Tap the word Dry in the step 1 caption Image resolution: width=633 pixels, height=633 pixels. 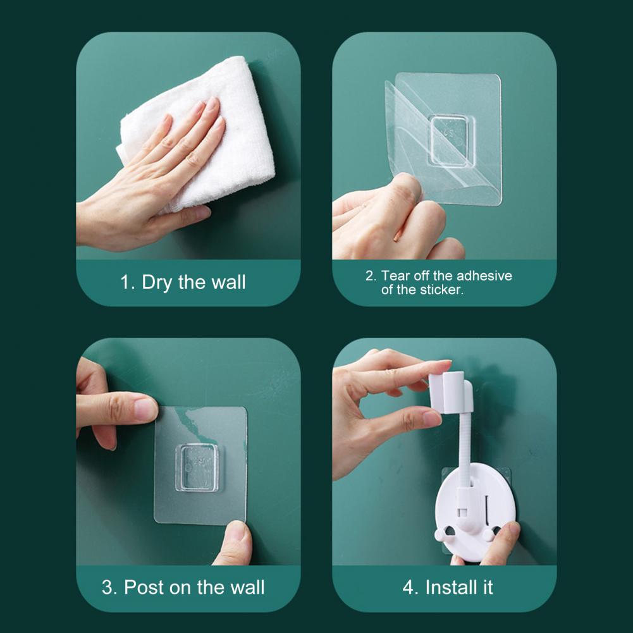[157, 283]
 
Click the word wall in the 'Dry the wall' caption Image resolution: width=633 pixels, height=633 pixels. [228, 282]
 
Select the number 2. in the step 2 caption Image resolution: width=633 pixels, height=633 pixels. [371, 276]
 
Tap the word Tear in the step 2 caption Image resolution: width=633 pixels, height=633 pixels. [394, 276]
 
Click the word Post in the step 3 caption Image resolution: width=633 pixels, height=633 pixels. [145, 587]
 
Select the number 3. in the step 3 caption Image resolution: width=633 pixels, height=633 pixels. [109, 587]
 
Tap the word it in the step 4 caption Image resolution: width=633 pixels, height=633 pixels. [488, 587]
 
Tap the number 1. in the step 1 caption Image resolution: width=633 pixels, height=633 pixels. [128, 282]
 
